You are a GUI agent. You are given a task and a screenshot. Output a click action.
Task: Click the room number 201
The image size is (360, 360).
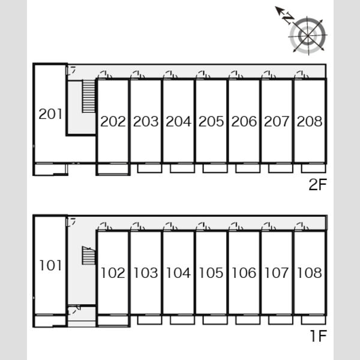click(x=50, y=113)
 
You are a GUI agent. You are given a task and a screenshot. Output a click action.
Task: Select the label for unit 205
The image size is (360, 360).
click(x=211, y=121)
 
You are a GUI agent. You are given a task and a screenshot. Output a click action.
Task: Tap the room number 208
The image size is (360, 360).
click(x=310, y=121)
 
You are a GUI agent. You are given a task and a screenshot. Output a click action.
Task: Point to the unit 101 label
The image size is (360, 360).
click(x=50, y=265)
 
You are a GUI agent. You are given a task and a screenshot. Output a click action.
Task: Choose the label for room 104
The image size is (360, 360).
click(x=178, y=273)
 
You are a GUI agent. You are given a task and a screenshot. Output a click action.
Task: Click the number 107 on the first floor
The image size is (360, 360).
click(x=277, y=273)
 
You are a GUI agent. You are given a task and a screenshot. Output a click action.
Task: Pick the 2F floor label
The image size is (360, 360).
click(x=317, y=184)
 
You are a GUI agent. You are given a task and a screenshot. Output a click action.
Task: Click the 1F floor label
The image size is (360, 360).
click(x=319, y=335)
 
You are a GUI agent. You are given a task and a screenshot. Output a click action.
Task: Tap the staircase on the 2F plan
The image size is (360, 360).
click(x=89, y=96)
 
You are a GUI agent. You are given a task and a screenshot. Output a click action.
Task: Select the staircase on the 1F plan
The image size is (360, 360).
click(x=89, y=256)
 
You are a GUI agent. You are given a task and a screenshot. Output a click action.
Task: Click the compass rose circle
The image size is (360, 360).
click(x=308, y=35)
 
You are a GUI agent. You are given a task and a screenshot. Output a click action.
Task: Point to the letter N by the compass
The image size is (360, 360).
click(x=288, y=19)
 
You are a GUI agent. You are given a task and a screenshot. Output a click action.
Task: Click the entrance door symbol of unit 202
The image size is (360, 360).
click(x=104, y=75)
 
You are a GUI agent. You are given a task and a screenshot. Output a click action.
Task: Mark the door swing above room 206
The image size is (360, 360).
click(x=236, y=75)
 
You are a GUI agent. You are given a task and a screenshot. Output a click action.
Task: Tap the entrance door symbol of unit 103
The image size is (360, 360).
click(x=137, y=226)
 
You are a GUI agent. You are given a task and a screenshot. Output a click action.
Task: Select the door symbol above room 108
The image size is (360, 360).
click(x=301, y=226)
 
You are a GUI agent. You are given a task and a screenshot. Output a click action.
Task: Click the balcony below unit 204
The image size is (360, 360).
click(x=182, y=168)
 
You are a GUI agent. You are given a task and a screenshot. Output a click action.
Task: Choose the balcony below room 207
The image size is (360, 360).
click(x=281, y=168)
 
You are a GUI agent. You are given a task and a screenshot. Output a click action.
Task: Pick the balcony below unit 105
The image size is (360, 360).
click(x=215, y=320)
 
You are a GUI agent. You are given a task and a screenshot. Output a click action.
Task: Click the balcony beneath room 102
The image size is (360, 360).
click(x=113, y=321)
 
